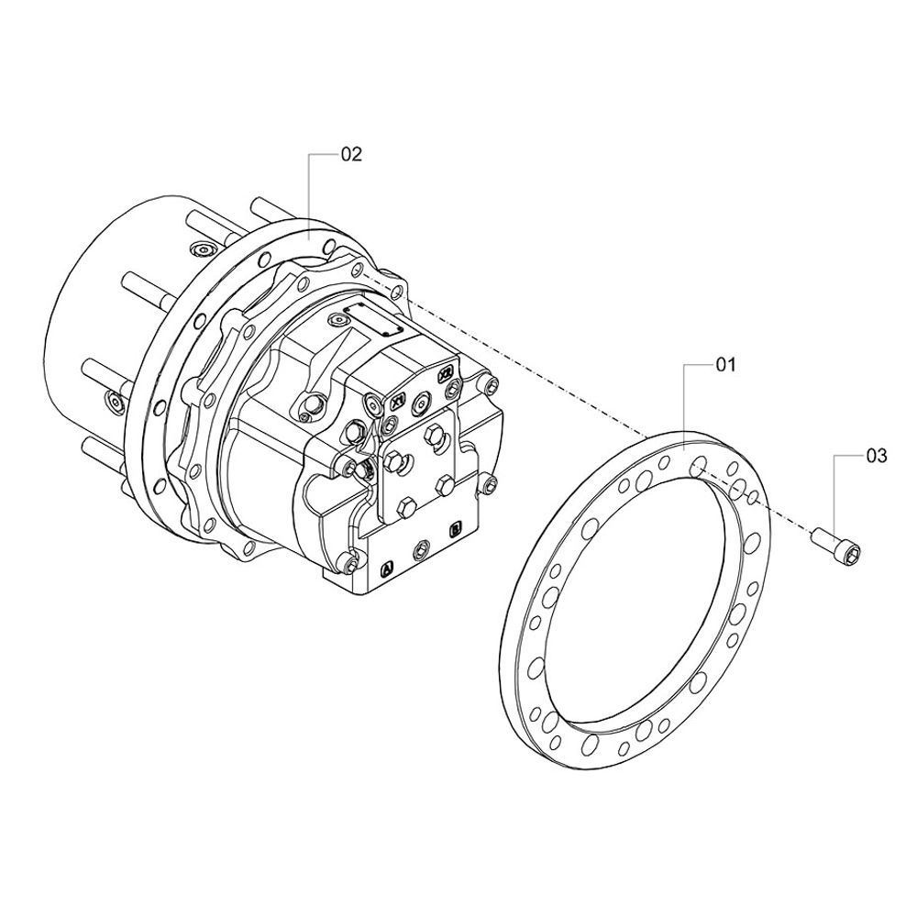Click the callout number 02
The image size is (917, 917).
pos(351,154)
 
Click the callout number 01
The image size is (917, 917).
pos(725,365)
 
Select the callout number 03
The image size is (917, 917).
pos(876,456)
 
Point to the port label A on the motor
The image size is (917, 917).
pos(386,568)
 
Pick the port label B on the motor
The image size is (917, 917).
pos(455,530)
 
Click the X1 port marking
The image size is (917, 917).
pos(397,403)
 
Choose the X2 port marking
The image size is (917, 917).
pos(447,374)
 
